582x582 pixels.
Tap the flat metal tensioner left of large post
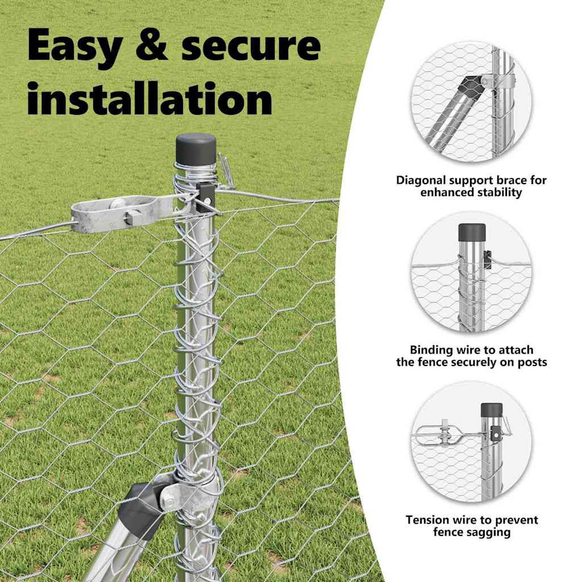click(122, 214)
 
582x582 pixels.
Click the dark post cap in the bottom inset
click(492, 410)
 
